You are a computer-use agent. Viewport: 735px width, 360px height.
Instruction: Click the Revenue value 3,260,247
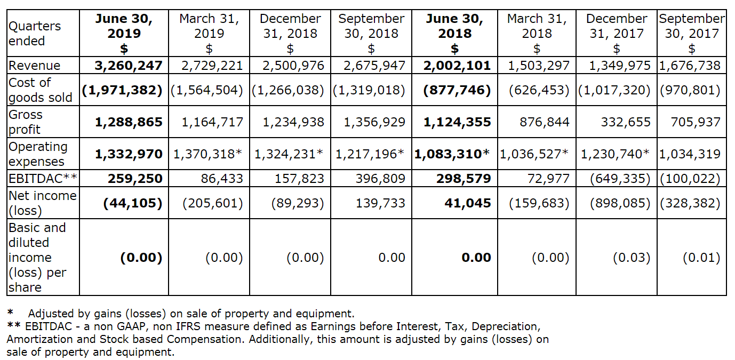[x=129, y=66]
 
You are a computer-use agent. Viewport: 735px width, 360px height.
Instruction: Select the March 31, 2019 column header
[x=209, y=33]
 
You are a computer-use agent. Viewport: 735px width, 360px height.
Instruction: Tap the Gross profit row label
[x=25, y=122]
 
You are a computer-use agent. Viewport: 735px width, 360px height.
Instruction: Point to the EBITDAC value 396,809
[x=380, y=178]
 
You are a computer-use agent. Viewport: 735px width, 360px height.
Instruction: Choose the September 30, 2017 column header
[x=692, y=33]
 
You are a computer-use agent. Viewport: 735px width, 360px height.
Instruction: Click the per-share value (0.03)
[x=631, y=258]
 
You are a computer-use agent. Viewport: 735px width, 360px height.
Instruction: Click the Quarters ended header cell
[x=35, y=33]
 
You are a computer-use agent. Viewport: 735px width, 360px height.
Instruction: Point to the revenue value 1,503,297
[x=539, y=66]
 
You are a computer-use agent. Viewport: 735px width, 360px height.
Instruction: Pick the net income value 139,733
[x=380, y=203]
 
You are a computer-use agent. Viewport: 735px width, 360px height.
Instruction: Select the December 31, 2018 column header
[x=290, y=33]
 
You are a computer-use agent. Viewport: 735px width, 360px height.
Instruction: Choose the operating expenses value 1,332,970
[x=129, y=154]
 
